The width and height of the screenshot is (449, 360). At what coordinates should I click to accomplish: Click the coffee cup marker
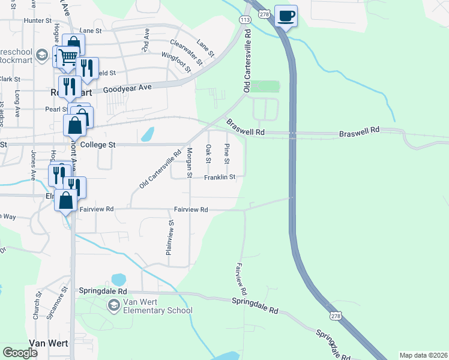(286, 16)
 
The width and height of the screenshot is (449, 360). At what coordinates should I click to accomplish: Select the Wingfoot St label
(176, 61)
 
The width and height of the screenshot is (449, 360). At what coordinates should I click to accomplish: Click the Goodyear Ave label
(127, 88)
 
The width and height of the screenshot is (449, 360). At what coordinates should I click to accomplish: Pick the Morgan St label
(190, 162)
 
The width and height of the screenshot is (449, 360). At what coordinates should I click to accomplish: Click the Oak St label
(208, 153)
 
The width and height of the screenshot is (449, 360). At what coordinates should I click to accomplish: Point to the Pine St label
(227, 154)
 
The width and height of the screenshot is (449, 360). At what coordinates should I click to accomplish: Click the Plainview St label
(170, 238)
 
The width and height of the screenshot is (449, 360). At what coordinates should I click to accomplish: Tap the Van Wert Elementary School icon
(113, 306)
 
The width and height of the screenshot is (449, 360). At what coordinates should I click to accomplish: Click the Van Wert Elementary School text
(157, 306)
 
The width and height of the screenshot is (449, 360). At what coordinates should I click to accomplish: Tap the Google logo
(20, 353)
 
